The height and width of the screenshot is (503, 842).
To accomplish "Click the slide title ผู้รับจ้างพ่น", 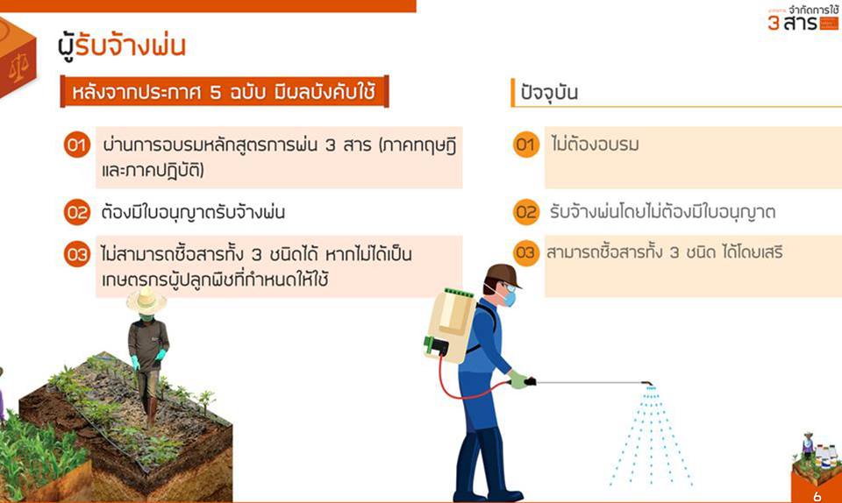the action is [121, 46].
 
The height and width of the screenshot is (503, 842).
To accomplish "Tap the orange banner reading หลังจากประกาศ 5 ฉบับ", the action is [225, 92].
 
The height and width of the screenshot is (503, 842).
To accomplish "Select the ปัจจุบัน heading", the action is [549, 93].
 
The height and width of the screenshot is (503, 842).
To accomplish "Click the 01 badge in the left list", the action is [77, 145].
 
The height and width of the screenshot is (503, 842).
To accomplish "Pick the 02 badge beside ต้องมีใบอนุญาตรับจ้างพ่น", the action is [77, 212].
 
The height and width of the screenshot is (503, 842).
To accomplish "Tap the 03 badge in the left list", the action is [77, 254].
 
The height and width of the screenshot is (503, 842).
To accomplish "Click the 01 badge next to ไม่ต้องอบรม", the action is [525, 145].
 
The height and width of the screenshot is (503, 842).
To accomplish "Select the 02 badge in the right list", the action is [525, 212].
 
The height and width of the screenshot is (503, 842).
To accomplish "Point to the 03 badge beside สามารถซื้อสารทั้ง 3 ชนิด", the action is [525, 252].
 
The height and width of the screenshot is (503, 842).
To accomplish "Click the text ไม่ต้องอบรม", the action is [595, 145].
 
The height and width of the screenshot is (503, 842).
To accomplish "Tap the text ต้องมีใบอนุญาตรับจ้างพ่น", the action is [193, 212].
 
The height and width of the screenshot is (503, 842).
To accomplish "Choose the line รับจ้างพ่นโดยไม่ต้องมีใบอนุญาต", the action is [662, 212].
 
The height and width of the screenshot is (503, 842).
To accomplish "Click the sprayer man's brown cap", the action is [503, 275].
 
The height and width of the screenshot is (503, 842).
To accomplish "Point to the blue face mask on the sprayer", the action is [508, 297].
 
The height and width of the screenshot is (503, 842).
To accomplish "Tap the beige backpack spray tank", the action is [450, 324].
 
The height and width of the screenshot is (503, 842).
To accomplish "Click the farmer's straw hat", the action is [146, 301].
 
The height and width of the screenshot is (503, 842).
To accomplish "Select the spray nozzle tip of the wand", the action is [649, 384].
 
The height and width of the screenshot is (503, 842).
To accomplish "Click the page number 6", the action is [817, 496].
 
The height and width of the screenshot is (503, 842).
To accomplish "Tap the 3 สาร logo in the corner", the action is [803, 18].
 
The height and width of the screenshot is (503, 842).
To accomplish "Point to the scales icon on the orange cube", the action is [18, 68].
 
